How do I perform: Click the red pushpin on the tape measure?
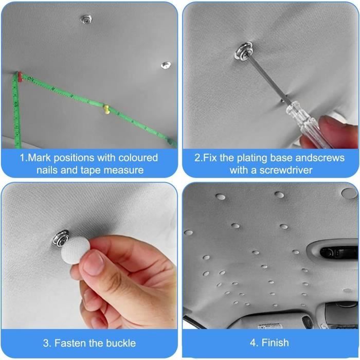pos(20,77)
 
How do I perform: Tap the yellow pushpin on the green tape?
pos(106,110)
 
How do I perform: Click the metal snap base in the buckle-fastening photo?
pos(60,238)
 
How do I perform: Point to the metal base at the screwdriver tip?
pos(244,51)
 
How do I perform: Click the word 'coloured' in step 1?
pos(138,158)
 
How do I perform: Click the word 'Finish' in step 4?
pos(275,343)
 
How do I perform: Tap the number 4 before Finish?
pos(253,343)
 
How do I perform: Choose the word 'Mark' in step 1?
pos(39,158)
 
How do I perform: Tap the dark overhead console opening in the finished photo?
pos(338,252)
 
